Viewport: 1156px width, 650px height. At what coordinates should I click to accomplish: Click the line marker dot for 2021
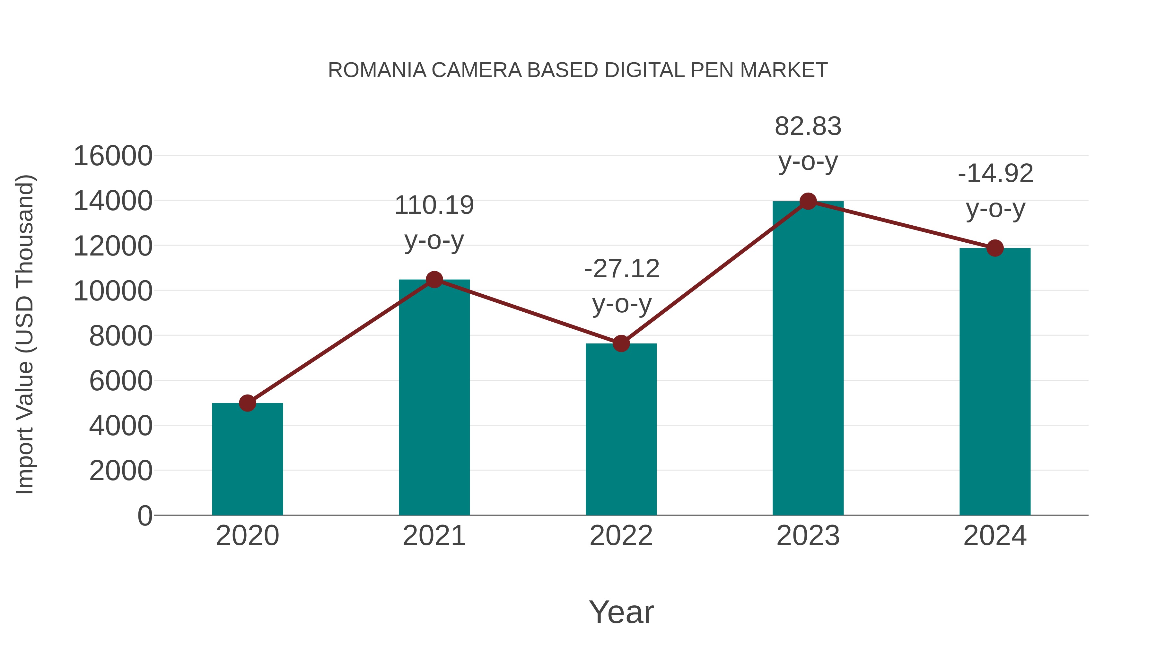[434, 280]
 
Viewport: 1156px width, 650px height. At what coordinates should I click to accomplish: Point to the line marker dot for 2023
[808, 201]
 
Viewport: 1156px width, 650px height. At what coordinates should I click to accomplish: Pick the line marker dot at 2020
[247, 403]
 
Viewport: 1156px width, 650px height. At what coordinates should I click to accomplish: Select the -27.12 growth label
[622, 286]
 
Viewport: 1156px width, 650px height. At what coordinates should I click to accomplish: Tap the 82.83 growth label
[808, 143]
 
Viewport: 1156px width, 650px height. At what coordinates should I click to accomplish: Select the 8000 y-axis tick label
[121, 336]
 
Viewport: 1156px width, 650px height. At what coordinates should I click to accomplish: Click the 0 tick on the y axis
[145, 516]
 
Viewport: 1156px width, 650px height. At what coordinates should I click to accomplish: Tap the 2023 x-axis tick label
[808, 536]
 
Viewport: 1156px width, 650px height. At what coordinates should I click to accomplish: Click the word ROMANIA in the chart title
[377, 70]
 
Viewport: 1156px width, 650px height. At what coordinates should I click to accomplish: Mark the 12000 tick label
[113, 246]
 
